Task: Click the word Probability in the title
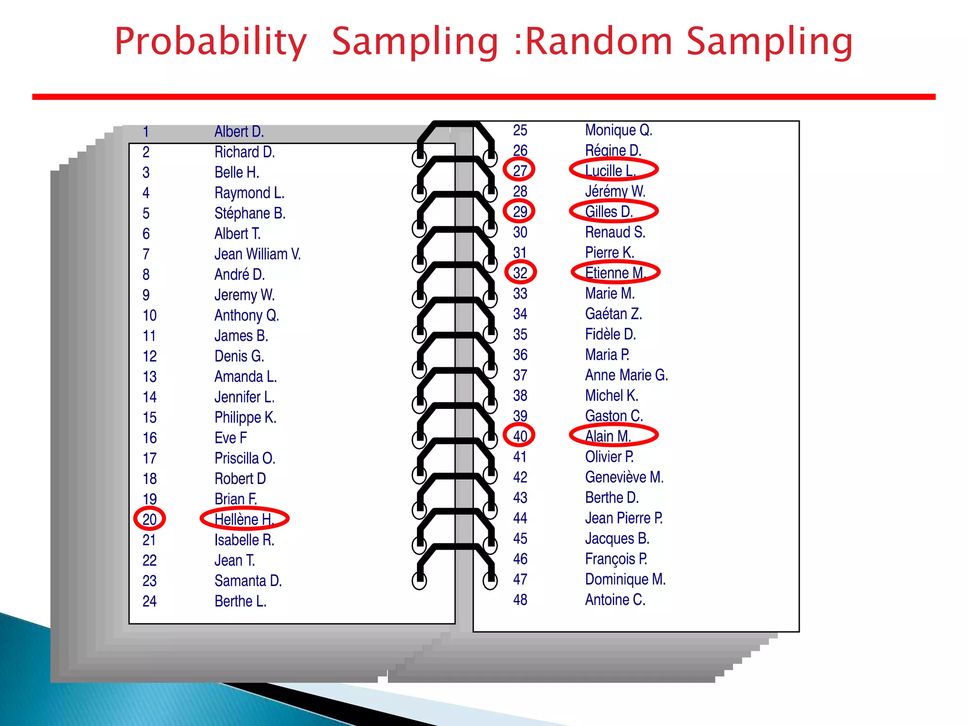click(x=211, y=43)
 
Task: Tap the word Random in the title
click(x=598, y=42)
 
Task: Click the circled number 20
click(x=149, y=519)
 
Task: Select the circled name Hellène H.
click(x=244, y=519)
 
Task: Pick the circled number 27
click(x=519, y=170)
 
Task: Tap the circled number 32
click(x=520, y=273)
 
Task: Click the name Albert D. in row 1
click(x=239, y=131)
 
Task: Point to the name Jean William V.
click(x=258, y=254)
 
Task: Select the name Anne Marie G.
click(x=626, y=375)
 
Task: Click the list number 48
click(x=520, y=600)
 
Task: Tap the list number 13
click(x=149, y=377)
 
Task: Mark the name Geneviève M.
click(x=624, y=477)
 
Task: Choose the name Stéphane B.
click(x=250, y=213)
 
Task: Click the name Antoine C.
click(x=615, y=600)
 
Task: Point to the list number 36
click(x=520, y=355)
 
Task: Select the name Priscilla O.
click(x=245, y=458)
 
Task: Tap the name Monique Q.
click(x=618, y=130)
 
